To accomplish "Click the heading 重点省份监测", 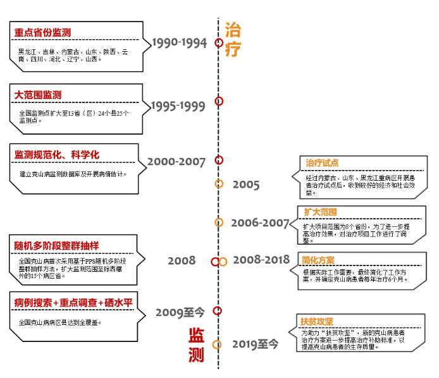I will [43, 32].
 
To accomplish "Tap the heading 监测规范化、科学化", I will [57, 155].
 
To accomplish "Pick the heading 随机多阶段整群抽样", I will [57, 245].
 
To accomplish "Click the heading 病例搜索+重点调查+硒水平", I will [73, 303].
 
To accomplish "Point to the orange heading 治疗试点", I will [322, 163].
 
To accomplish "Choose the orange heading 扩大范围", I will [320, 212].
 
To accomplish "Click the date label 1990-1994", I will [180, 43].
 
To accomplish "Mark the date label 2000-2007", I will [176, 162].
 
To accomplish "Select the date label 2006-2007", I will [259, 223].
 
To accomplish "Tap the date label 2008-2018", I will [261, 260].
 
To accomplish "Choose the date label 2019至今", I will [254, 344].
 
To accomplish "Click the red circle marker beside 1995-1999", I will [219, 101].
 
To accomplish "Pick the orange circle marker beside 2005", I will [219, 184].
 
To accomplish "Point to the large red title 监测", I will [197, 345].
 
